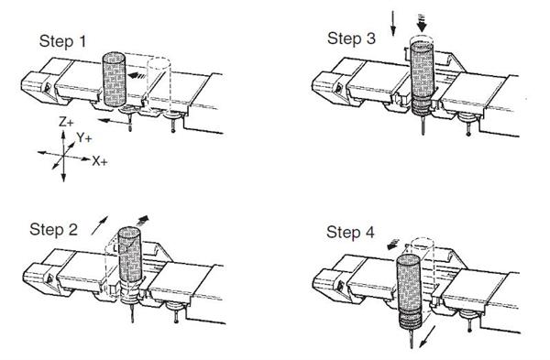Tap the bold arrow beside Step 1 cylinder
136,77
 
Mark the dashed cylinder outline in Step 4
424,266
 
